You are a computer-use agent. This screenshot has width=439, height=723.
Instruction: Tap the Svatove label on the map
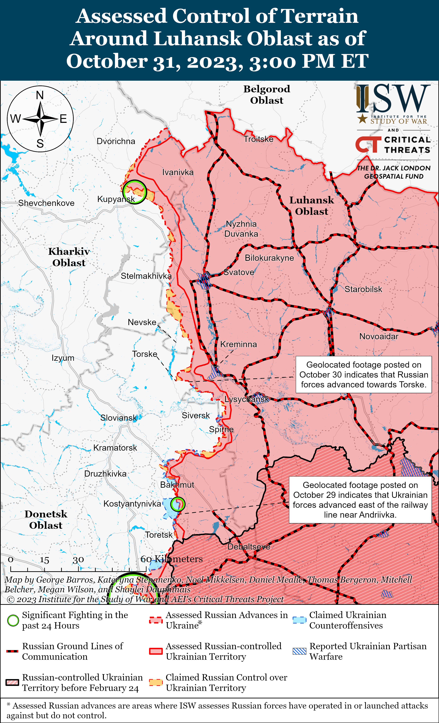[x=239, y=272]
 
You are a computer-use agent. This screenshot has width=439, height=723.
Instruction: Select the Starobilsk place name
[x=363, y=289]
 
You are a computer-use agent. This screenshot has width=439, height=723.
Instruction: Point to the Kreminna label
[x=238, y=344]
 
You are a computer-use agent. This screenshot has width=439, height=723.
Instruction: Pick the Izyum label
[x=63, y=358]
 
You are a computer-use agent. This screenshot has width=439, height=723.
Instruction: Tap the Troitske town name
[x=258, y=139]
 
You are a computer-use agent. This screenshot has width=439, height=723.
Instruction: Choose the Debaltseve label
[x=249, y=547]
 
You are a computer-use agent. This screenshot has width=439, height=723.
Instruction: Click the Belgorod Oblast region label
[x=267, y=94]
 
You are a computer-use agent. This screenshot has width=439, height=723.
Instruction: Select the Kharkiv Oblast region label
[x=69, y=257]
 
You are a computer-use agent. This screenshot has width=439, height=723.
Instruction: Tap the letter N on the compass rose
[x=40, y=95]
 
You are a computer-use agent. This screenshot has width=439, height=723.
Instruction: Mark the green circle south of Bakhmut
[x=178, y=504]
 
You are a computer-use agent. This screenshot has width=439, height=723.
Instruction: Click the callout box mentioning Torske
[x=364, y=375]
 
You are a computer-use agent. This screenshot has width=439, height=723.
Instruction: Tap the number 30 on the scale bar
[x=78, y=560]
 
